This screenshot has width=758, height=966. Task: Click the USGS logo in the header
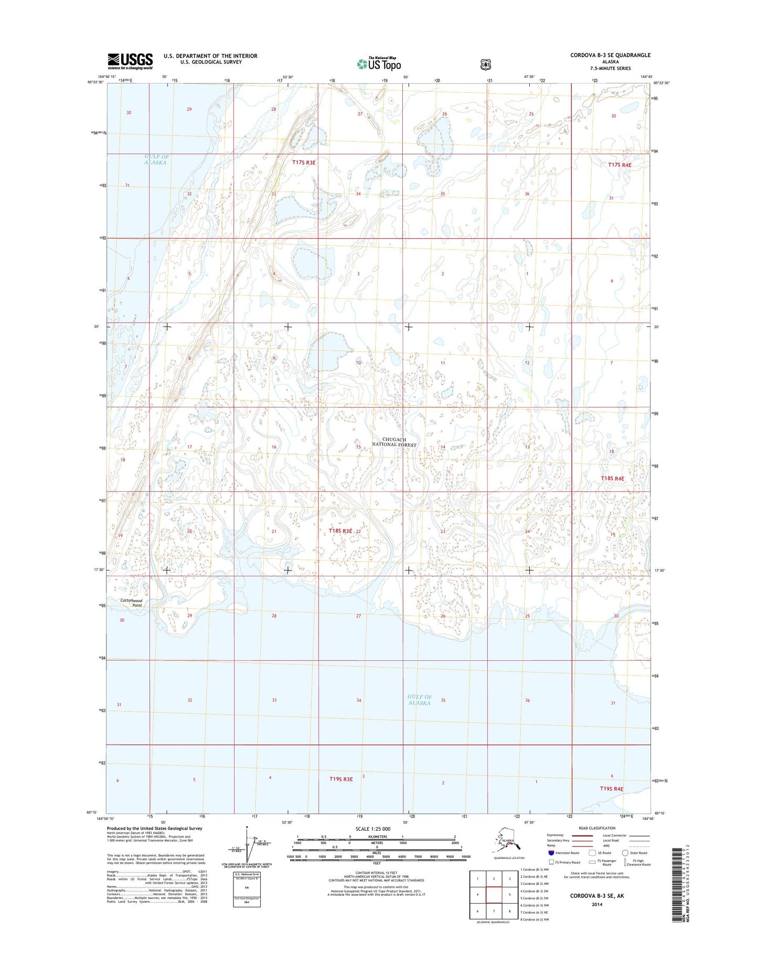(130, 61)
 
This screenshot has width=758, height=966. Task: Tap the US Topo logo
(379, 63)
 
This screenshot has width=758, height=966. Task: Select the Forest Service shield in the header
(486, 65)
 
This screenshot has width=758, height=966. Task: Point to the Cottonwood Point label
(131, 603)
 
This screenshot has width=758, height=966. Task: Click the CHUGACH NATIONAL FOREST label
(394, 442)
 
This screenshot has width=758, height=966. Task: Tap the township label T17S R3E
(304, 163)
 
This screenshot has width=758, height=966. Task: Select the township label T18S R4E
(613, 479)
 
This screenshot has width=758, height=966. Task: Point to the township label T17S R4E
(620, 165)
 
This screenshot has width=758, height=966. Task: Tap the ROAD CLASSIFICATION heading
(596, 828)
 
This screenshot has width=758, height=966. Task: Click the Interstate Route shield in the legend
(551, 853)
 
